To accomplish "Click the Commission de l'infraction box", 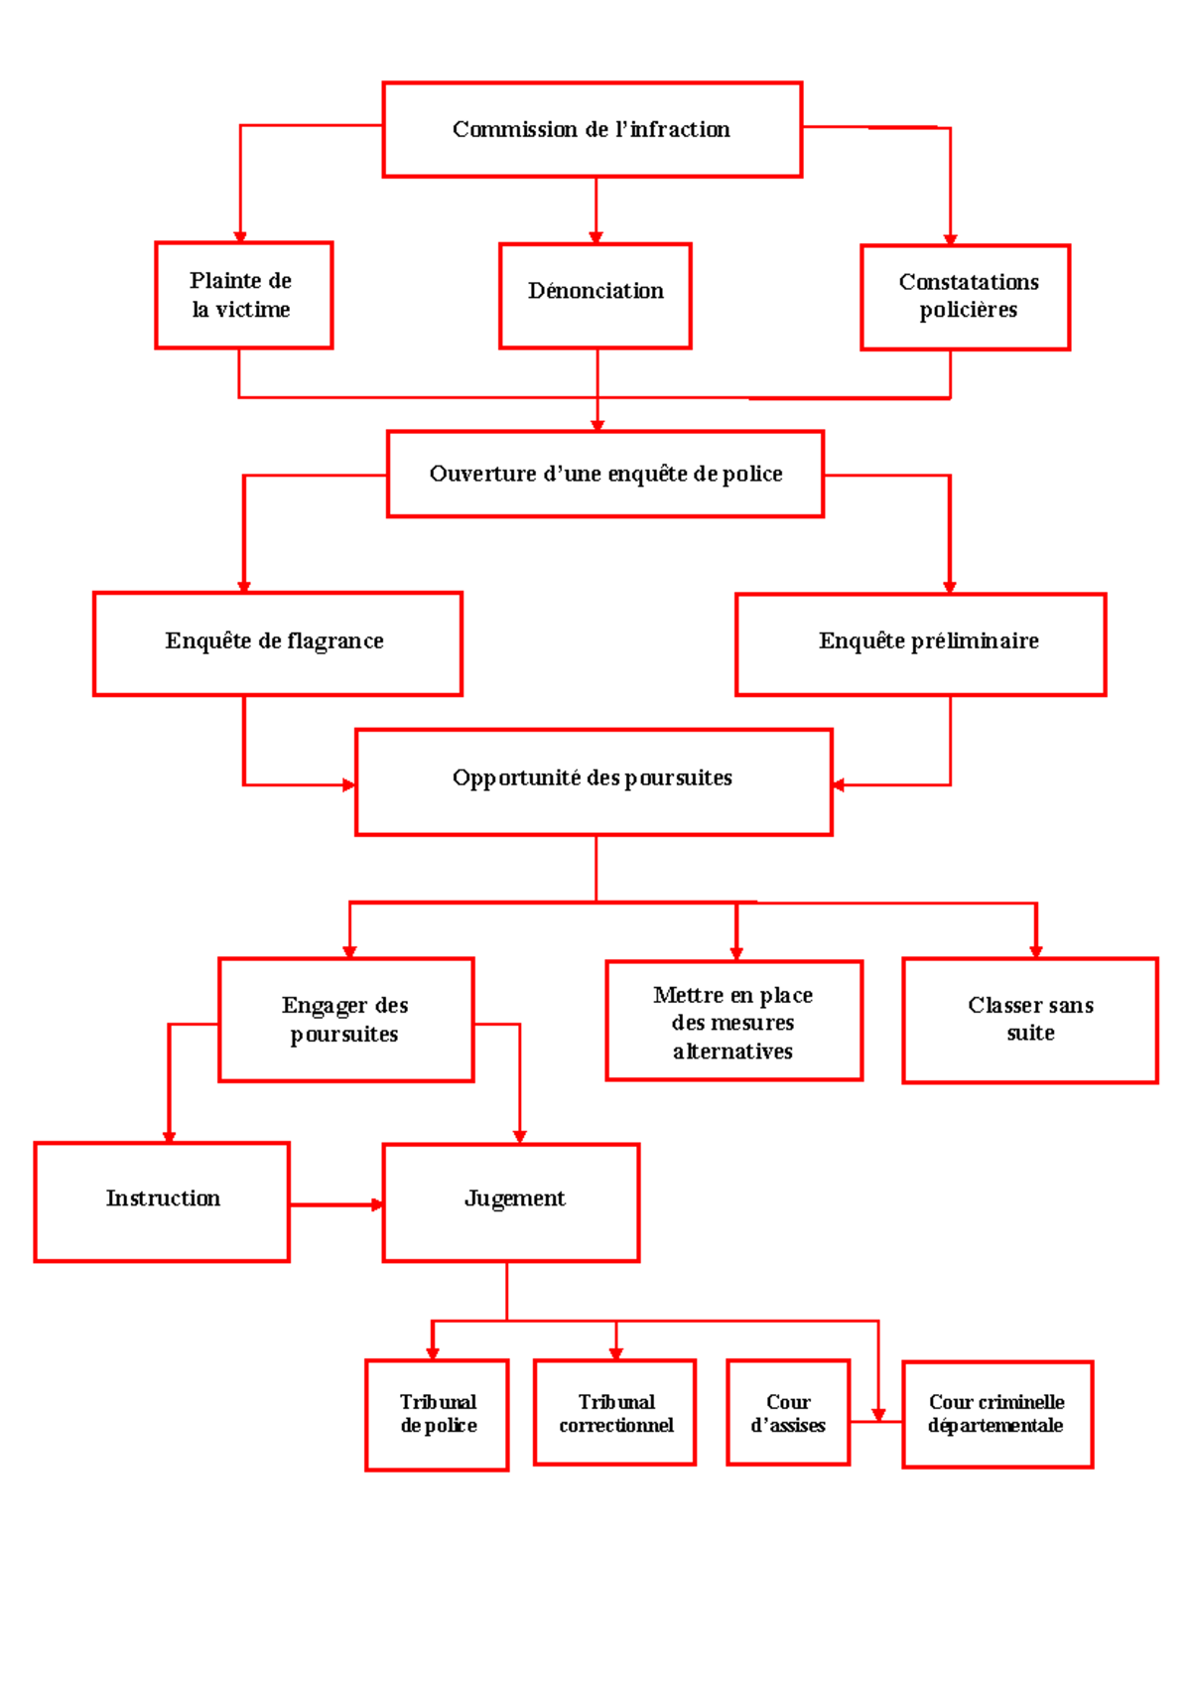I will click(x=592, y=130).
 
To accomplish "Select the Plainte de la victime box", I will click(x=243, y=295).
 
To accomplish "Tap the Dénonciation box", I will click(x=595, y=296).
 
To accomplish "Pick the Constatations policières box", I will click(x=965, y=297).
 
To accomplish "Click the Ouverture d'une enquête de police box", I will click(x=605, y=474).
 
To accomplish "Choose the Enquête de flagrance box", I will click(x=277, y=643).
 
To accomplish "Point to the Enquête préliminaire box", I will click(x=920, y=644).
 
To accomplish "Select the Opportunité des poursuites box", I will click(x=594, y=782).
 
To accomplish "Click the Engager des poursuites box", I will click(x=345, y=1020).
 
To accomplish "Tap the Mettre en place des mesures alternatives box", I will click(x=733, y=1021).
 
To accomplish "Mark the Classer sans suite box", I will click(x=1029, y=1021).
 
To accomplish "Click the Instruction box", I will click(x=162, y=1201).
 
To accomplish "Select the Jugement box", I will click(x=511, y=1202).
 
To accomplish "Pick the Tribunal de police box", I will click(x=437, y=1415).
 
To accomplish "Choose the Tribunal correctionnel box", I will click(x=614, y=1412).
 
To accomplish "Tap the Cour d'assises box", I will click(x=788, y=1412).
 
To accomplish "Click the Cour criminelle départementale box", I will click(x=996, y=1414).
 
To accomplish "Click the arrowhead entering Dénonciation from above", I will click(x=595, y=237).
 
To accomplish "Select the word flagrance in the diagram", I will click(x=335, y=641).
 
